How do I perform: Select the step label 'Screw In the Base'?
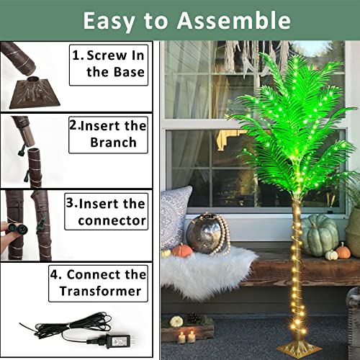(109, 62)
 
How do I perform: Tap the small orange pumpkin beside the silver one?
(182, 251)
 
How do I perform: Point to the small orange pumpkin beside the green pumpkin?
(343, 251)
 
